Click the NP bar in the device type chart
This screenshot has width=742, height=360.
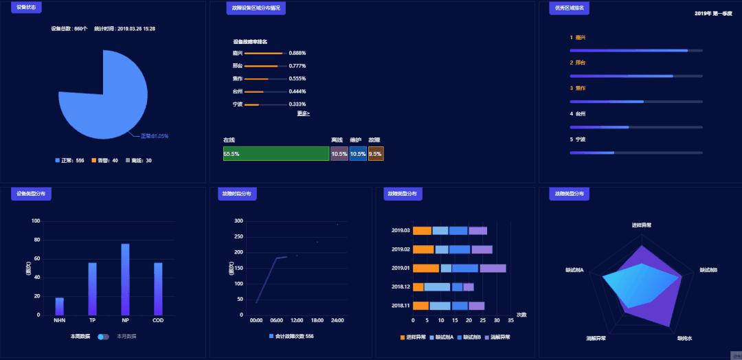(x=125, y=280)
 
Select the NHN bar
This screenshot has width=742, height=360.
(x=59, y=306)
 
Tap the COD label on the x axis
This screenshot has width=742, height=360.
(x=158, y=320)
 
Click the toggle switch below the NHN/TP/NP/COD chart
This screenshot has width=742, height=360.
(x=104, y=337)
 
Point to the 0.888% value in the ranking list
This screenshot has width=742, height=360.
(x=297, y=53)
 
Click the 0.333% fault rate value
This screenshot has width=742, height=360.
(x=297, y=104)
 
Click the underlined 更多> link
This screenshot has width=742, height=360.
(x=303, y=113)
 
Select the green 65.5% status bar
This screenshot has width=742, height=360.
(x=276, y=154)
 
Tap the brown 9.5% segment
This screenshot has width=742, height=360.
(x=376, y=154)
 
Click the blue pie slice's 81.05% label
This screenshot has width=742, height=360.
(x=155, y=136)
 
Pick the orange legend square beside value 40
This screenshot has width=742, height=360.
(x=93, y=161)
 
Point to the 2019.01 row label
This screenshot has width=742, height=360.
(x=401, y=268)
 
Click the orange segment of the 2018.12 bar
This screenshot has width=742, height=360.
(x=418, y=286)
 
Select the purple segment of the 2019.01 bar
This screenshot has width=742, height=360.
(x=493, y=268)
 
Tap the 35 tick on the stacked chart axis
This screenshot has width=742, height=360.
(x=510, y=320)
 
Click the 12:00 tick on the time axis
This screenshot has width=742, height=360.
(x=297, y=320)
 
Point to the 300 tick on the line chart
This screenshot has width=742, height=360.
(x=239, y=221)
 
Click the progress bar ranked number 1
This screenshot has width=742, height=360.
(x=636, y=50)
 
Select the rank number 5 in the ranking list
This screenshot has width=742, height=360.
(x=571, y=139)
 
